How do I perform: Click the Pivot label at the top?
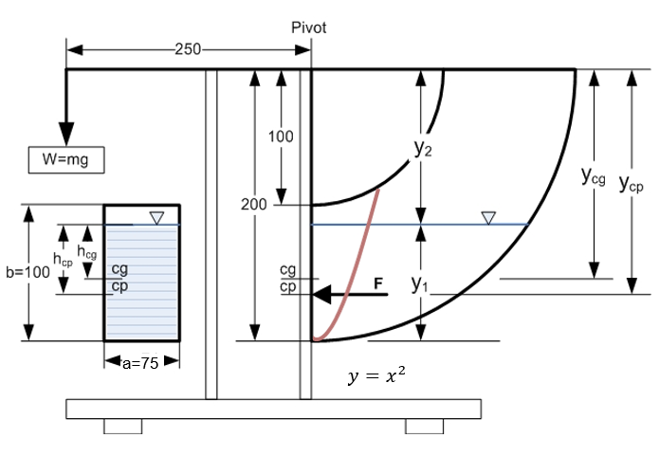308,27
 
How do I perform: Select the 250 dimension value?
188,50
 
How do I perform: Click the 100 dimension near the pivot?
281,137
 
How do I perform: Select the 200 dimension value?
254,205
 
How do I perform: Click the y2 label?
423,149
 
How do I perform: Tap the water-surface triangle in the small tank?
156,218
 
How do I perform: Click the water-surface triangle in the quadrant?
488,218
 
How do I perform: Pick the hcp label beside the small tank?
63,259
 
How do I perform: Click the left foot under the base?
122,427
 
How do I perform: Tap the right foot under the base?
424,427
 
